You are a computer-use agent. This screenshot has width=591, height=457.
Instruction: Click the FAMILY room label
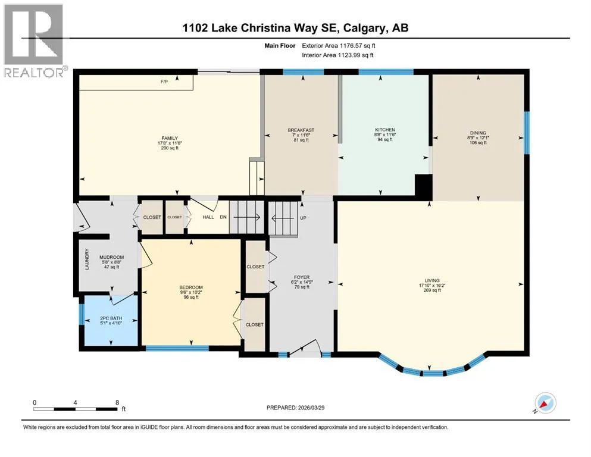click(x=170, y=138)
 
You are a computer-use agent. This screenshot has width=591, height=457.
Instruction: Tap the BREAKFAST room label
click(x=301, y=130)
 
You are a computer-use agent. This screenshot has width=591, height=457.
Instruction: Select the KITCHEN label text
click(x=385, y=130)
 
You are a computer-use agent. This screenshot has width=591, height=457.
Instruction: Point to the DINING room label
click(x=478, y=133)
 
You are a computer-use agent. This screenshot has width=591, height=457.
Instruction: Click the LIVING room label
click(x=432, y=280)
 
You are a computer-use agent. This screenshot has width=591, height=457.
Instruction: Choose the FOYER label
click(x=302, y=277)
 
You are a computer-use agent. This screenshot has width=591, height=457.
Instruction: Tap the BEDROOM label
click(x=191, y=287)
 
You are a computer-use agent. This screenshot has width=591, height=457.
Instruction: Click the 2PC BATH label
click(x=111, y=318)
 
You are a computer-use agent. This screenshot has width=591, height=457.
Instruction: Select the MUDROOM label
click(x=111, y=257)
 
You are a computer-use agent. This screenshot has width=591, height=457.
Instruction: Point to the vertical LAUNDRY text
click(x=87, y=259)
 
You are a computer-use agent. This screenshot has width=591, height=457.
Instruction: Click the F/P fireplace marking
click(x=164, y=82)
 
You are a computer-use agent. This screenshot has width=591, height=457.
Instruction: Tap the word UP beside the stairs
click(x=303, y=218)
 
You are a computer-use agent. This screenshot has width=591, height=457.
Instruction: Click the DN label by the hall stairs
click(x=223, y=217)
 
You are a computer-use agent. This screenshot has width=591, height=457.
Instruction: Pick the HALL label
click(x=208, y=217)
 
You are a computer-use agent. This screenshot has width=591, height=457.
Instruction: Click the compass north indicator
click(x=545, y=403)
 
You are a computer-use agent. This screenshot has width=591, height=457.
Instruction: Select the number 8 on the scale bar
click(x=118, y=402)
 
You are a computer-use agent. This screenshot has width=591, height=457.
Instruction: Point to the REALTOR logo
click(x=35, y=40)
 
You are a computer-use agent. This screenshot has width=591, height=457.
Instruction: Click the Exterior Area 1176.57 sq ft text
click(x=339, y=46)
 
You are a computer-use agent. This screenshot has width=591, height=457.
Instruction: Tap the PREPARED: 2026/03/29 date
click(x=295, y=408)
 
